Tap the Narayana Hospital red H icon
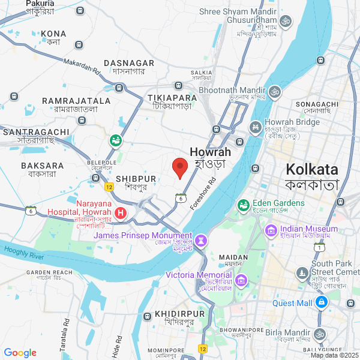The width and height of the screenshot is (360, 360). pos(121,212)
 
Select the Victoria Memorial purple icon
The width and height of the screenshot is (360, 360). pos(241,280)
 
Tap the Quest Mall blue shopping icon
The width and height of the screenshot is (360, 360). pos(322,302)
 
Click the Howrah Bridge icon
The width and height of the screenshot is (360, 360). pos(256,127)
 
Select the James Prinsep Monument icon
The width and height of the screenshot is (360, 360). pos(202,240)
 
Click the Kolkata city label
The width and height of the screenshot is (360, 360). pos(312,169)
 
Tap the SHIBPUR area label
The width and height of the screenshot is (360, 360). pos(136,179)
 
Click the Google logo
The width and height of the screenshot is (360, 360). pos(20,353)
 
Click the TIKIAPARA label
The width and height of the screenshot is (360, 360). pos(172,98)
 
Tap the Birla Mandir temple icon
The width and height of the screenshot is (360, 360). pos(320,334)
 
